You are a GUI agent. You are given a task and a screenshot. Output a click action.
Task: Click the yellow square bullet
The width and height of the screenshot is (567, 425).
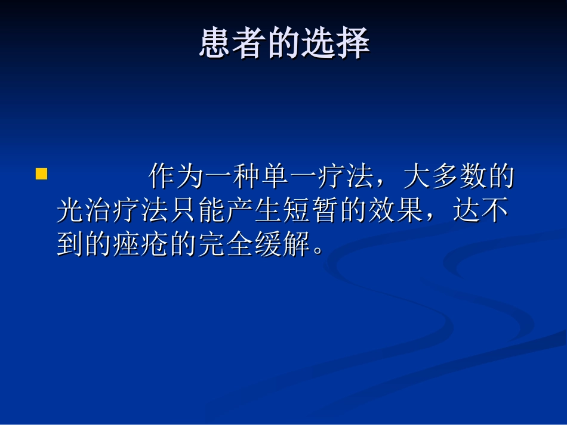[x=41, y=174]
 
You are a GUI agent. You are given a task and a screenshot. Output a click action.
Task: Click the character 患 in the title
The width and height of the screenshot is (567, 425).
[x=215, y=44]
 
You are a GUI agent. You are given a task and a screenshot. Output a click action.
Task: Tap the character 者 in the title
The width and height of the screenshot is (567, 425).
[x=249, y=44]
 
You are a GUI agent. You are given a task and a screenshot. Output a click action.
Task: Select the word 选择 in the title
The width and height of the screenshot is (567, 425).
[x=335, y=44]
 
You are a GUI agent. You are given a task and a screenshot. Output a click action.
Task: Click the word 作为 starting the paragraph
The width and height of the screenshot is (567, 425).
[x=177, y=177]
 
